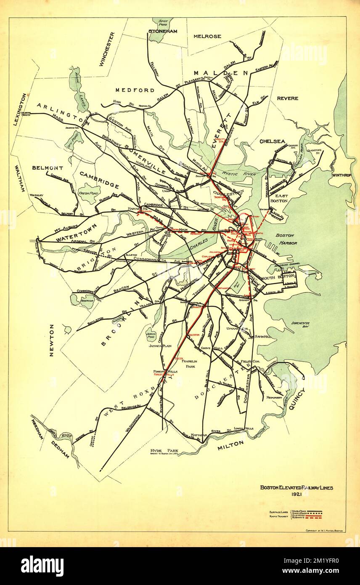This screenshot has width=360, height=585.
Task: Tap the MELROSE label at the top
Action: [207, 37]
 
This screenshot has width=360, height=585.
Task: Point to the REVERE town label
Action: [288, 98]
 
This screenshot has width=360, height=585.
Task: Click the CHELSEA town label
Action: [272, 141]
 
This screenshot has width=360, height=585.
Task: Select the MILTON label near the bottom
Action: [230, 444]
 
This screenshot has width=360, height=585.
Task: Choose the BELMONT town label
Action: [48, 168]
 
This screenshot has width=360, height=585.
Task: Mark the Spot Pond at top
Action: [160, 24]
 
